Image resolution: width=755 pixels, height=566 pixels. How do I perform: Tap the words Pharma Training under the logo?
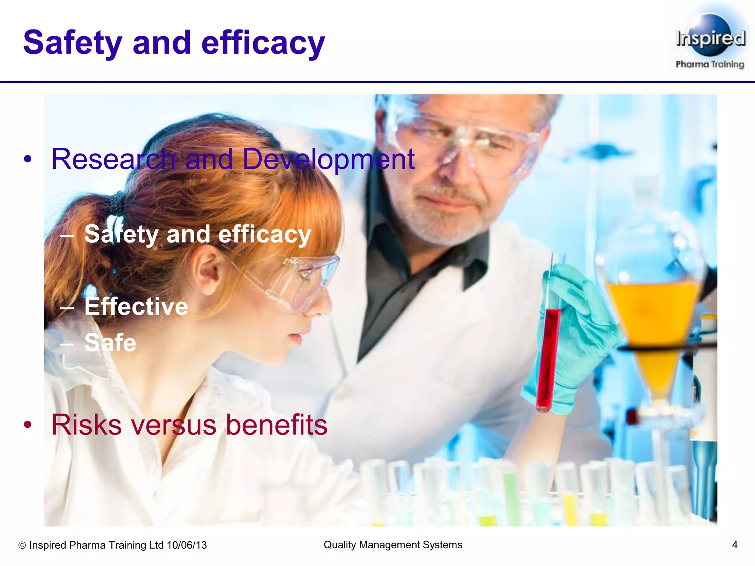coord(710,64)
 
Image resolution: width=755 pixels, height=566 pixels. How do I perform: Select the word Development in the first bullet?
coord(328,160)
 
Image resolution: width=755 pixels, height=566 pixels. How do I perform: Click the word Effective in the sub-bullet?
coord(136,307)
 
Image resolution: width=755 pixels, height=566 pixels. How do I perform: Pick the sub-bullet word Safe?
coord(110,343)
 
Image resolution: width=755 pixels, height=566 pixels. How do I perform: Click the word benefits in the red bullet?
coord(276,425)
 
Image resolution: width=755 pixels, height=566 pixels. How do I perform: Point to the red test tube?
coord(549,354)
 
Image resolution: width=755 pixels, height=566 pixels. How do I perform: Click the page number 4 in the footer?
coord(734,545)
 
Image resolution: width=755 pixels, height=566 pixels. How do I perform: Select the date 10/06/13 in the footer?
coord(187,545)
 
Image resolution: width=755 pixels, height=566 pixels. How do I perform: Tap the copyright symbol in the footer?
coord(22,545)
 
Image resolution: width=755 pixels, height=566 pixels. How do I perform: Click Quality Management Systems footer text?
coord(393,545)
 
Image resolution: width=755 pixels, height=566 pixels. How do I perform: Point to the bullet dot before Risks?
coord(28,425)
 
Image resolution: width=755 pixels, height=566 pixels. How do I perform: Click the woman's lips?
coord(295,338)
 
